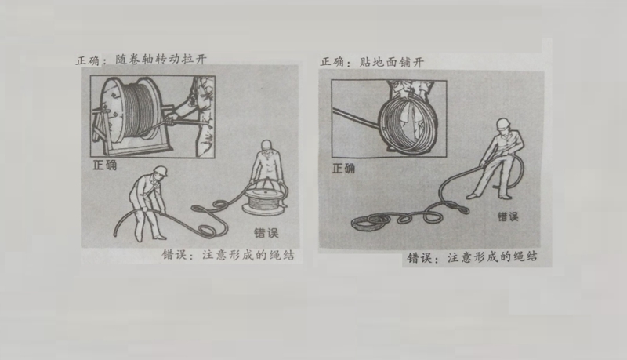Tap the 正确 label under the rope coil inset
point(343,167)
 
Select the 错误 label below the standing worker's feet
point(507,216)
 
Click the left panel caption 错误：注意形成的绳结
point(228,255)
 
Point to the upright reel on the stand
point(140,109)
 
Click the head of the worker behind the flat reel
point(267,147)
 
